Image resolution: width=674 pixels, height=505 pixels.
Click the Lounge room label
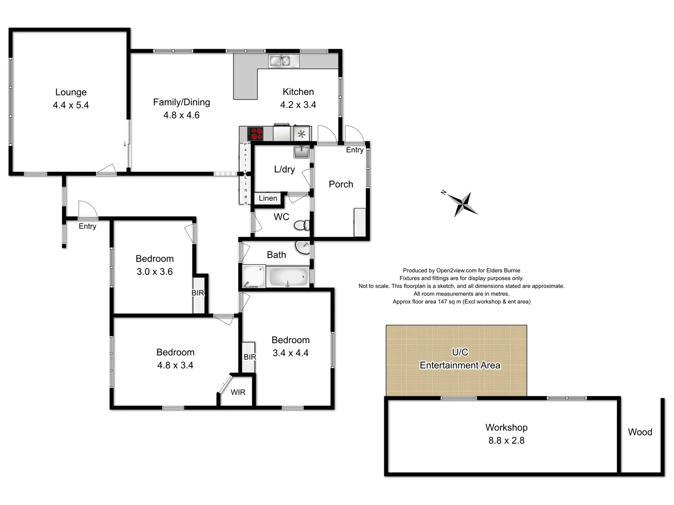tap(71, 92)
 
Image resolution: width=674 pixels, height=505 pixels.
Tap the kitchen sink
tap(284, 61)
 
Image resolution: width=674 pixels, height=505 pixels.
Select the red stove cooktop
tap(255, 134)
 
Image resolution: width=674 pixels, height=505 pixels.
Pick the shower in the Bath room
tap(253, 276)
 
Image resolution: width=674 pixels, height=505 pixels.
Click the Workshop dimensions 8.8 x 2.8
tap(506, 440)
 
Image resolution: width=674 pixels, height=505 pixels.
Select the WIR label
tap(238, 392)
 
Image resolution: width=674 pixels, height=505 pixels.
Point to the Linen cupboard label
tap(268, 198)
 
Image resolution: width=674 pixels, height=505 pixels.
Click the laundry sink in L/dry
tap(301, 151)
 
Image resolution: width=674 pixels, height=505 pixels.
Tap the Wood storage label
tap(640, 432)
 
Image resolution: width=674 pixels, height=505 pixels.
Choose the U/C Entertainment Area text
tap(460, 359)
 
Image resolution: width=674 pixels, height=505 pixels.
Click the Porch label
tap(341, 184)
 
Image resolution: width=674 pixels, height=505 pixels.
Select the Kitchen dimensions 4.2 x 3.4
tap(298, 105)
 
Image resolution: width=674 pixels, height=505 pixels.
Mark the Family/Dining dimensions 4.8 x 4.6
tap(181, 115)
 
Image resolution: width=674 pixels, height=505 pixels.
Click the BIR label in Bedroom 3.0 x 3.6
tap(198, 293)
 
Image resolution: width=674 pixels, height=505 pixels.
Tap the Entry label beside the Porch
tap(355, 150)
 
